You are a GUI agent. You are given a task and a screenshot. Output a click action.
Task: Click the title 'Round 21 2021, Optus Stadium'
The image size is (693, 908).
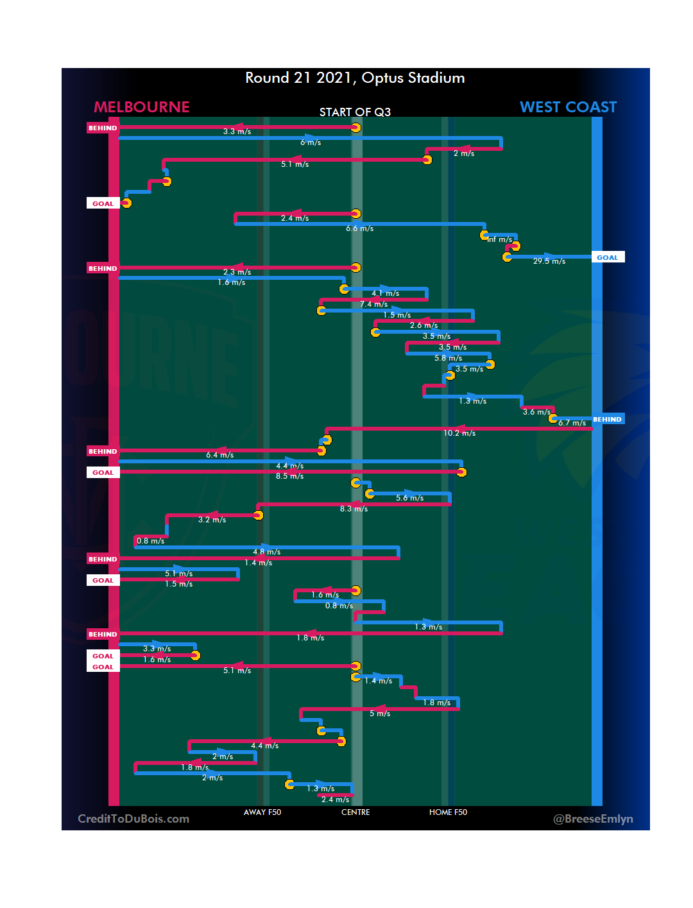(355, 78)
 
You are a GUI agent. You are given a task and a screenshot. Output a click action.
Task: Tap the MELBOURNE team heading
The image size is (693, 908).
(142, 107)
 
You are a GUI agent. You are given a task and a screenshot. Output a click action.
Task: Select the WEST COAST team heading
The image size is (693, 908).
(568, 107)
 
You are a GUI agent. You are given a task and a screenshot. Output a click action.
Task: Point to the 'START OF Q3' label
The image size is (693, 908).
(355, 112)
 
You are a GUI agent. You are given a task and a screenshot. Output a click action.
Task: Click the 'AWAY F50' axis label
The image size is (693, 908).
(262, 812)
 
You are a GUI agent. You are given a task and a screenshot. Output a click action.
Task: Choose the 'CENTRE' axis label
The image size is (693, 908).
(355, 812)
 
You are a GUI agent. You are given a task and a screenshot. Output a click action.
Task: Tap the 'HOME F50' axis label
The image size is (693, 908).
(448, 812)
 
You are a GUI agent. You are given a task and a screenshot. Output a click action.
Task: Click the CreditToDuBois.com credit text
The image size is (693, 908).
(133, 819)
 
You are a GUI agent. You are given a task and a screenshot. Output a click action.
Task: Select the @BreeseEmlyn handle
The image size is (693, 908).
(593, 819)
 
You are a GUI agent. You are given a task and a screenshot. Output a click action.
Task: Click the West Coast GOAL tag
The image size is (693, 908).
(607, 257)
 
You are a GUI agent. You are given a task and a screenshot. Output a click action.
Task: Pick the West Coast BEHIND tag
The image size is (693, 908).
(607, 420)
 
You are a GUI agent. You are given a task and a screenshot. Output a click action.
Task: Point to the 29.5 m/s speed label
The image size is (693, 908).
(549, 262)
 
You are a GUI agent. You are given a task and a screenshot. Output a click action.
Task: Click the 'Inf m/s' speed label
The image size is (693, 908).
(500, 240)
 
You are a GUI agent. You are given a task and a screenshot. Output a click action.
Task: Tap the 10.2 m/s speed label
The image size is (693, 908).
(459, 434)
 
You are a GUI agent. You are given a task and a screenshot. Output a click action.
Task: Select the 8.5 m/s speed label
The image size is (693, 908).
(290, 477)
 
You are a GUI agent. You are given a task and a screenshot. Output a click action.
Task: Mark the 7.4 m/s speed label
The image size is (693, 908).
(373, 305)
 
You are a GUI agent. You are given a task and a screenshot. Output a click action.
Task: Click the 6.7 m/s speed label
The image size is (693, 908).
(572, 423)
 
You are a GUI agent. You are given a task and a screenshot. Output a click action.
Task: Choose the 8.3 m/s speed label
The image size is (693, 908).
(354, 509)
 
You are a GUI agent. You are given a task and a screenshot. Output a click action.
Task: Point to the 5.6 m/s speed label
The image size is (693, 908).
(409, 499)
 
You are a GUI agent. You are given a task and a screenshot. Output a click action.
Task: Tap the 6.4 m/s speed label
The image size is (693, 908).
(219, 456)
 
